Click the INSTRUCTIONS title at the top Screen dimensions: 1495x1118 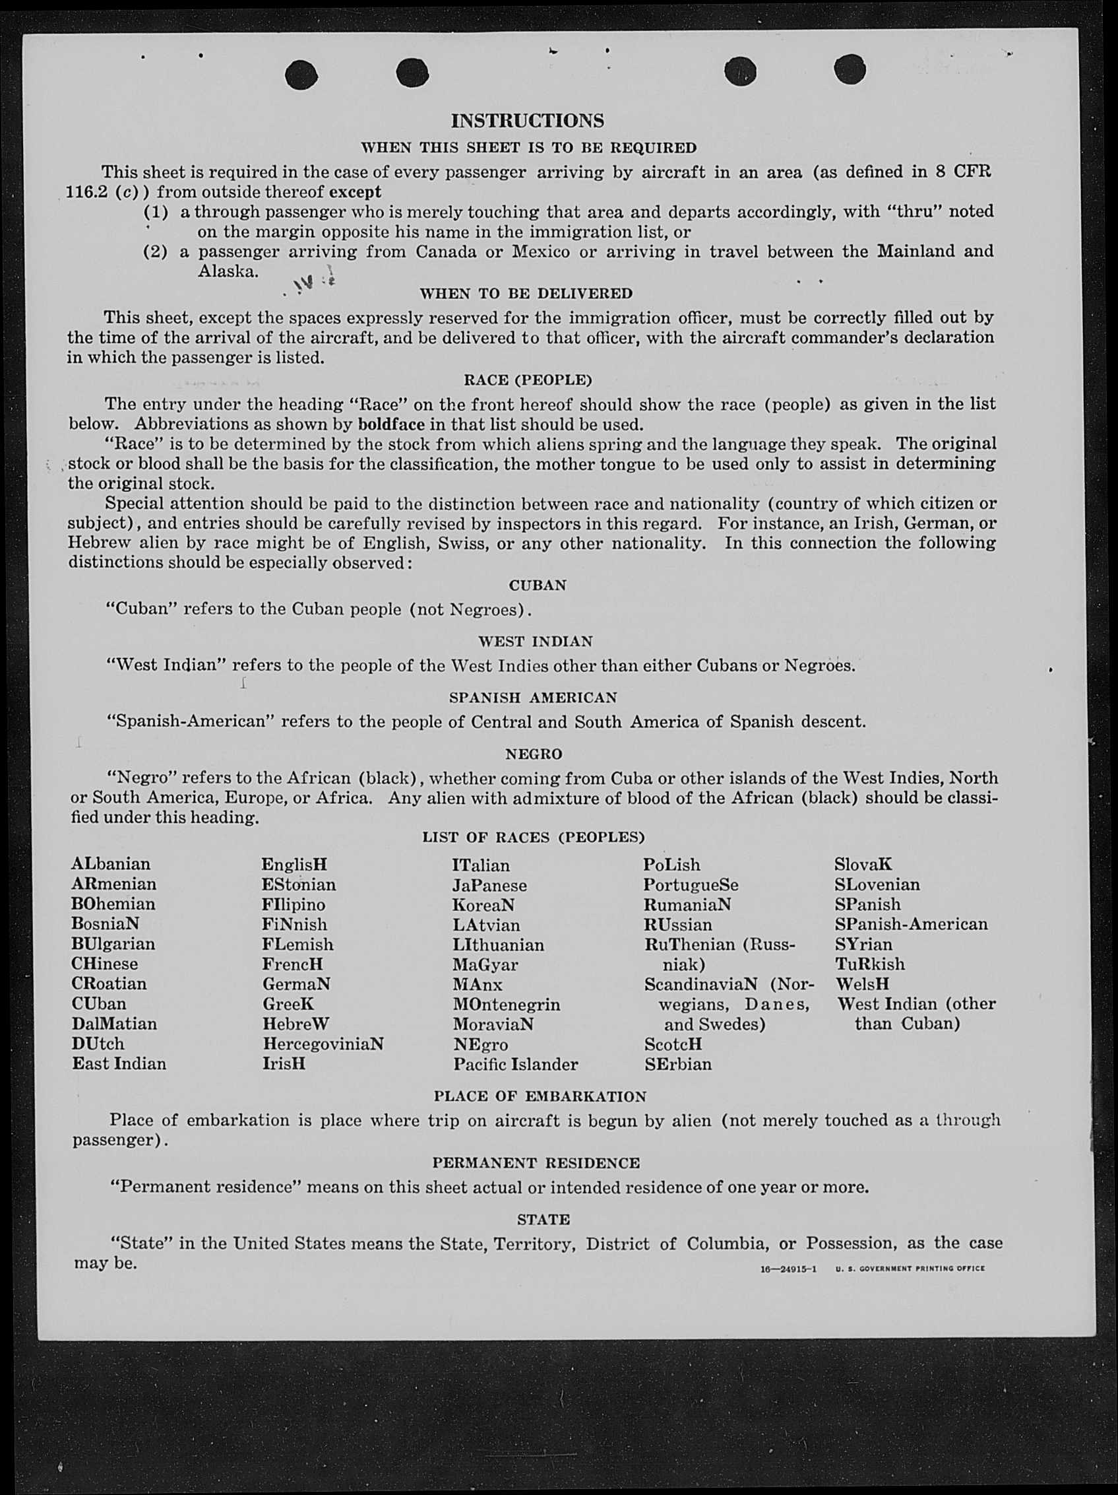click(x=527, y=121)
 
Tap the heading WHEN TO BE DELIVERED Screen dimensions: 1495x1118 click(x=526, y=294)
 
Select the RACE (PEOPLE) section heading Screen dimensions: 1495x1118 click(x=528, y=380)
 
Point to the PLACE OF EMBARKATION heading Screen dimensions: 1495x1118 click(x=540, y=1096)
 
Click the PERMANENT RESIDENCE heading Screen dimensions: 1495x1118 click(x=536, y=1163)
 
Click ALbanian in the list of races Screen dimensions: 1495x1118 click(x=111, y=865)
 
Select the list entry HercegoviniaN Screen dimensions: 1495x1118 click(x=323, y=1044)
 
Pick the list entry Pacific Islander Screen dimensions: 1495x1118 click(x=515, y=1065)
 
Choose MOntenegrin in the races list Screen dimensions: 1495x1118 click(x=506, y=1005)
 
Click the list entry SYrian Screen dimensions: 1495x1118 click(x=863, y=944)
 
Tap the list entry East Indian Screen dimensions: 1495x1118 click(x=119, y=1064)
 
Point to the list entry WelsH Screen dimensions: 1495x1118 click(x=862, y=984)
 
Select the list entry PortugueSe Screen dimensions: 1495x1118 click(x=691, y=885)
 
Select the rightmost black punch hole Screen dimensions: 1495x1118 click(x=850, y=69)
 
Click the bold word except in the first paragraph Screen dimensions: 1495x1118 click(x=356, y=192)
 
